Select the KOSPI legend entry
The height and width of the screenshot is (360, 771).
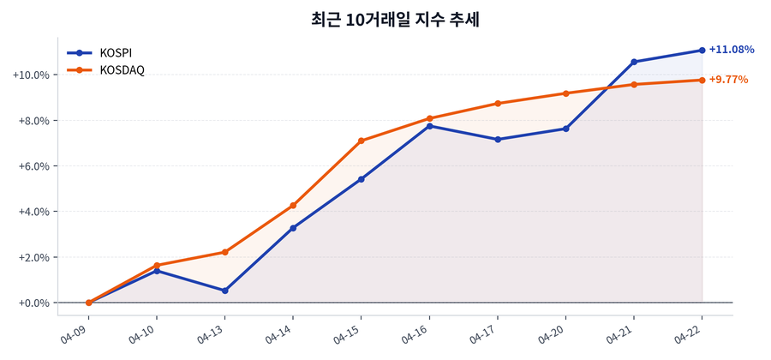coord(116,52)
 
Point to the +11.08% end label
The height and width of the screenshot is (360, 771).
coord(732,50)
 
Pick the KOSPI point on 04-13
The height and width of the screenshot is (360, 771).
coord(224,291)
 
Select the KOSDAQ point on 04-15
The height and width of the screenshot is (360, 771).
coord(362,141)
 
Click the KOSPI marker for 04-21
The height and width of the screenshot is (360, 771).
coord(634,62)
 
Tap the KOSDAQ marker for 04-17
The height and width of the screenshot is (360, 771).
coord(498,104)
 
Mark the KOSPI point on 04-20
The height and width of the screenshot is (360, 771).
coord(565,129)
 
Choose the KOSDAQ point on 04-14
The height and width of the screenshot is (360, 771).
coord(293,206)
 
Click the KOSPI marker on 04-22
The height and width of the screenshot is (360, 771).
coord(702,50)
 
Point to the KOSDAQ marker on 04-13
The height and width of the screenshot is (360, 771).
coord(224,252)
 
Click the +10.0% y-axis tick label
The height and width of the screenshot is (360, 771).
coord(30,75)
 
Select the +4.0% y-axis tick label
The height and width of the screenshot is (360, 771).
coord(33,212)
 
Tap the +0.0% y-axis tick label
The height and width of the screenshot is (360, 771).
coord(33,303)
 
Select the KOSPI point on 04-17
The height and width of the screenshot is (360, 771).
coord(498,139)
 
